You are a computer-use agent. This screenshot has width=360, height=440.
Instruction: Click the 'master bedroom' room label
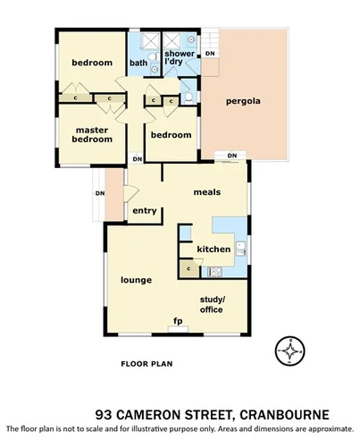point(93,134)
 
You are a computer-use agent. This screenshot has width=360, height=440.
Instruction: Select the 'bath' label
point(138,63)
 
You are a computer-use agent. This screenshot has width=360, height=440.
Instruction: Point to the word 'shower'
point(180,54)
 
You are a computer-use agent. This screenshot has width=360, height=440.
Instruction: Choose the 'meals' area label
point(207,192)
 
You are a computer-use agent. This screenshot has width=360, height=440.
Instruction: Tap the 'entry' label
point(145,211)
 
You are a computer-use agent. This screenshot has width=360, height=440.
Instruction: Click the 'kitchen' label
point(213,249)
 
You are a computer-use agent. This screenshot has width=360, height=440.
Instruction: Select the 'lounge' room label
point(137,280)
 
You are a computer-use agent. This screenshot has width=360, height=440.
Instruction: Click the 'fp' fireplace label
point(177,320)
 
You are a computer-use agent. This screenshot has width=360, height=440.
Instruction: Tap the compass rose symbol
point(289,351)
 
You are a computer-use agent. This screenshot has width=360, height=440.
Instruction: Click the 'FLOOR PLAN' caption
point(147,364)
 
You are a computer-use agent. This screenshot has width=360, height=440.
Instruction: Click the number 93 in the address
point(105,414)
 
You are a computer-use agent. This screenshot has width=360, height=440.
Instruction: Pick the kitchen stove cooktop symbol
point(215,271)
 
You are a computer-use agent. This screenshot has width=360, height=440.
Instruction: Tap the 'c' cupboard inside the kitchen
point(189,267)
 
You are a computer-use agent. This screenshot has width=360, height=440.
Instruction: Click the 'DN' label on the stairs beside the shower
point(210,55)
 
